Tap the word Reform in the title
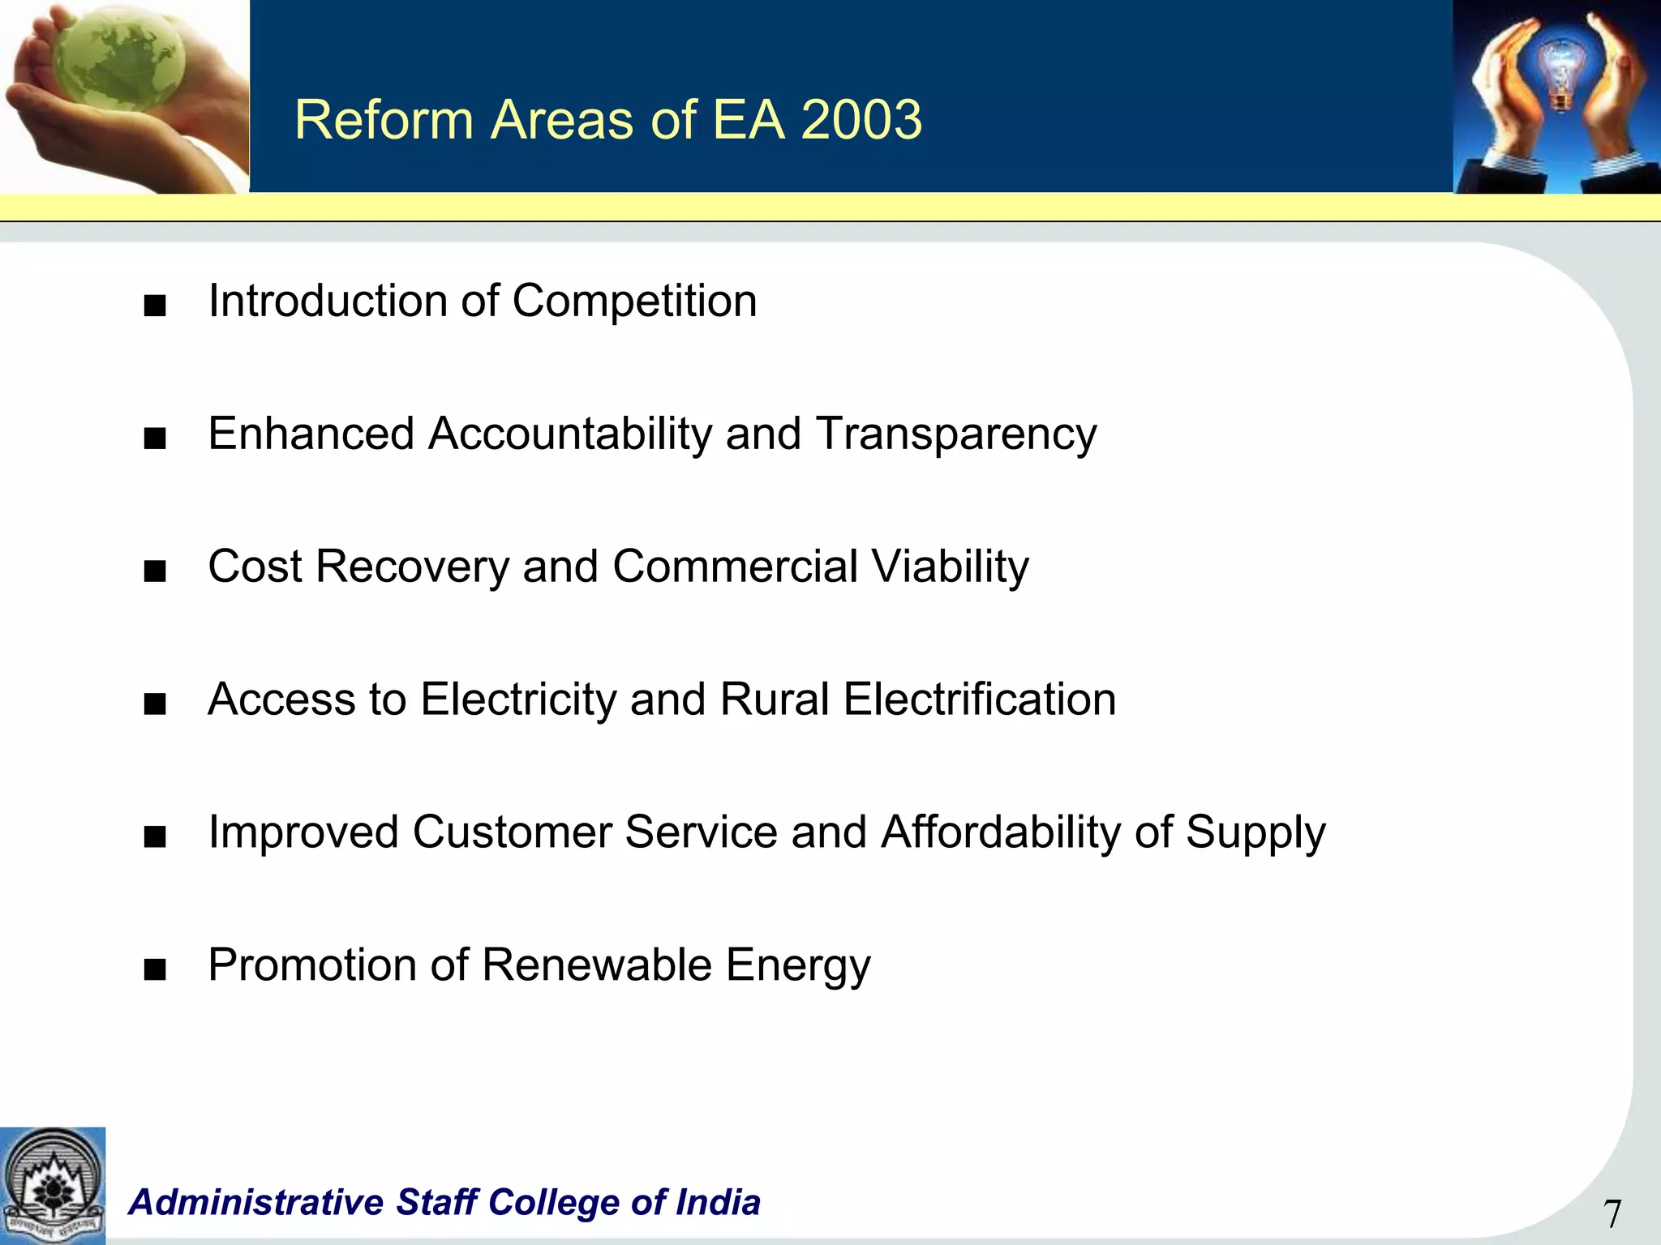[x=384, y=120]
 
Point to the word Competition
[x=634, y=302]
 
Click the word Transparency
[x=956, y=434]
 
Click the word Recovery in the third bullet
[x=412, y=567]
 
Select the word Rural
[x=775, y=700]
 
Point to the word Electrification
[x=980, y=700]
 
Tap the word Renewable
[x=597, y=965]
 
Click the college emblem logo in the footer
[x=53, y=1186]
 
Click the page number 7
[x=1612, y=1214]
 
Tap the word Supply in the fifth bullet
[x=1255, y=832]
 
